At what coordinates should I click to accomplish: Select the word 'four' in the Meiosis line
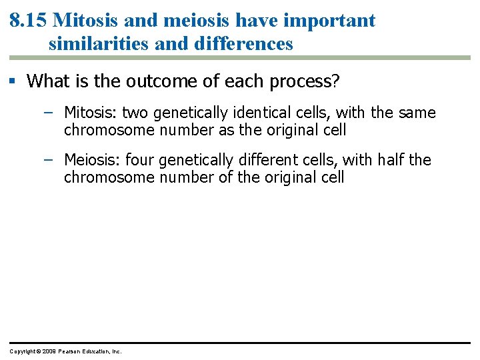[x=139, y=160]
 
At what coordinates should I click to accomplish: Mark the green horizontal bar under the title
[x=240, y=58]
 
